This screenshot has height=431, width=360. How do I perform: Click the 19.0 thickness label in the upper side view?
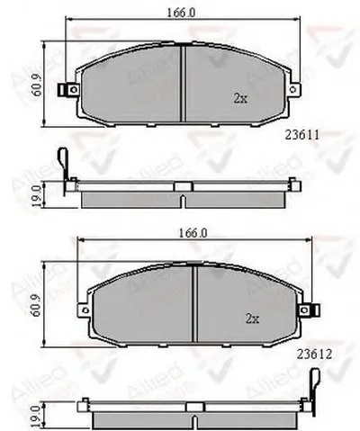coord(36,192)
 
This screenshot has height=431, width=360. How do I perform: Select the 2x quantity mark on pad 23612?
coord(255,318)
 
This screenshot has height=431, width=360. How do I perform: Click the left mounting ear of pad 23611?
coord(65,91)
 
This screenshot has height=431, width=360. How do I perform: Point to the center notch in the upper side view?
coord(182,185)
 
